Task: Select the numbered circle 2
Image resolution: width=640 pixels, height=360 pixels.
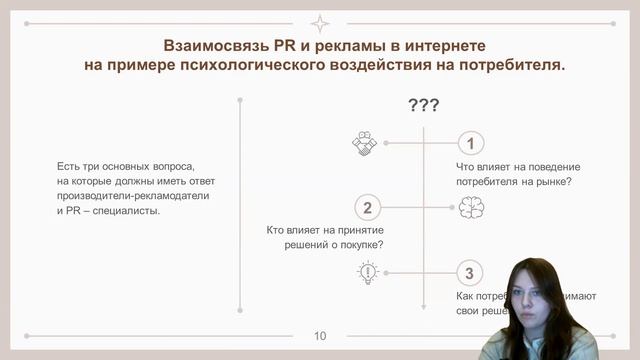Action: [x=368, y=208]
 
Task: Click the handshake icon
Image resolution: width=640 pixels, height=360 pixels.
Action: [x=364, y=143]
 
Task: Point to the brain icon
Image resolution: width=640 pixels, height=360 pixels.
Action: [x=471, y=208]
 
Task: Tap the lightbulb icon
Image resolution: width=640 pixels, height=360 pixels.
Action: [x=368, y=272]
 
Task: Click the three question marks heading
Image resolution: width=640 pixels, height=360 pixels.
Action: [x=424, y=106]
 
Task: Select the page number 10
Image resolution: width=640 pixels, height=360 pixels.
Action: [x=320, y=335]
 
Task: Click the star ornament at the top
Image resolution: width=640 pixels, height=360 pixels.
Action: [x=320, y=23]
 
